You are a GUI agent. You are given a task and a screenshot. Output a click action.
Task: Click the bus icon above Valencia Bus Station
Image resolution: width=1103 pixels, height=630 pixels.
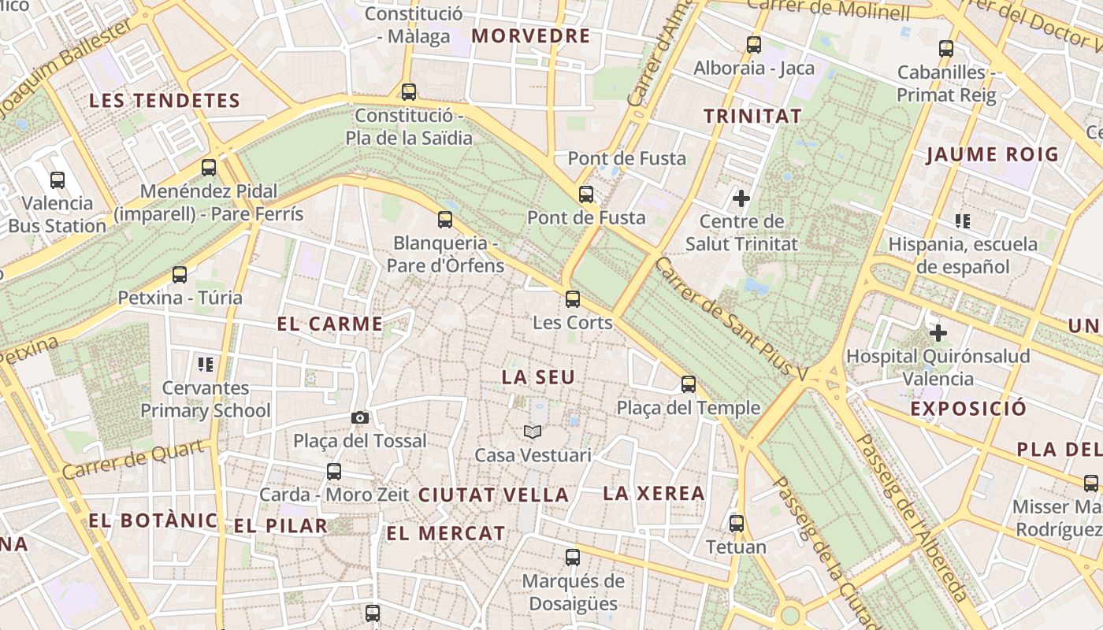(58, 180)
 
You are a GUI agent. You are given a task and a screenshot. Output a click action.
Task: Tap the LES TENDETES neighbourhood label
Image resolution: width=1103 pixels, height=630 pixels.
(165, 101)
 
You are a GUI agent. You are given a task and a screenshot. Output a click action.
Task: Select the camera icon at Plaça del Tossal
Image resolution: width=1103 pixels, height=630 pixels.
(360, 418)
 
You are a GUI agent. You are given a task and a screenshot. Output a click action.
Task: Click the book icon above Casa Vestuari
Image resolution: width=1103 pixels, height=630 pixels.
(533, 432)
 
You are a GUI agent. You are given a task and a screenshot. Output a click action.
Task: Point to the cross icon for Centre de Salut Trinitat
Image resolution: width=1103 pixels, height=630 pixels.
(741, 198)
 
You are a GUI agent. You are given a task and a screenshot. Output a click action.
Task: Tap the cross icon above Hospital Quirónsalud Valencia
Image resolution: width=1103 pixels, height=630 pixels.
(938, 332)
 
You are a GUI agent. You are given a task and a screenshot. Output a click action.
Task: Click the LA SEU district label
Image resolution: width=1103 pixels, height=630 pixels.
(539, 377)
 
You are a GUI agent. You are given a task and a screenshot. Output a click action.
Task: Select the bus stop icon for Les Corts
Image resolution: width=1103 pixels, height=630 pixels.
(573, 299)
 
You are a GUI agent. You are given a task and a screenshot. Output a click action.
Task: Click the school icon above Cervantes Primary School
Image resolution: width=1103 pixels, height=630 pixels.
(206, 364)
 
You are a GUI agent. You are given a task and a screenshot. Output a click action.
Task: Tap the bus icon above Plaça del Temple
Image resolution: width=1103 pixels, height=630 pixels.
(689, 384)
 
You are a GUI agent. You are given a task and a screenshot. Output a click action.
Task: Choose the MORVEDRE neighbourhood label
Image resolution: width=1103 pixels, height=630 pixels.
(531, 36)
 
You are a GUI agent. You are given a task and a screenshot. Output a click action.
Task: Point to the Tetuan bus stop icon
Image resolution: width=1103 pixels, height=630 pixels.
(737, 523)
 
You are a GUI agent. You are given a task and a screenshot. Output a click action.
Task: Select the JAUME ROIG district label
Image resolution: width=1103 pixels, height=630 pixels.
(992, 154)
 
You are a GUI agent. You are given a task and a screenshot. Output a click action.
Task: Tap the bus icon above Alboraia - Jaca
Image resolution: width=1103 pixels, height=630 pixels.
(754, 45)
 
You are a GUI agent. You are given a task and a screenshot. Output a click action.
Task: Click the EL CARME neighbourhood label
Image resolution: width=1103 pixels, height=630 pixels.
(330, 324)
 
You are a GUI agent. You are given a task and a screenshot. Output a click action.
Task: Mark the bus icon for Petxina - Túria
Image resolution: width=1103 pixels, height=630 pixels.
(180, 275)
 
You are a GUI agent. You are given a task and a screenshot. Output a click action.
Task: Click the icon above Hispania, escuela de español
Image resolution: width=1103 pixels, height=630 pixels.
(962, 220)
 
